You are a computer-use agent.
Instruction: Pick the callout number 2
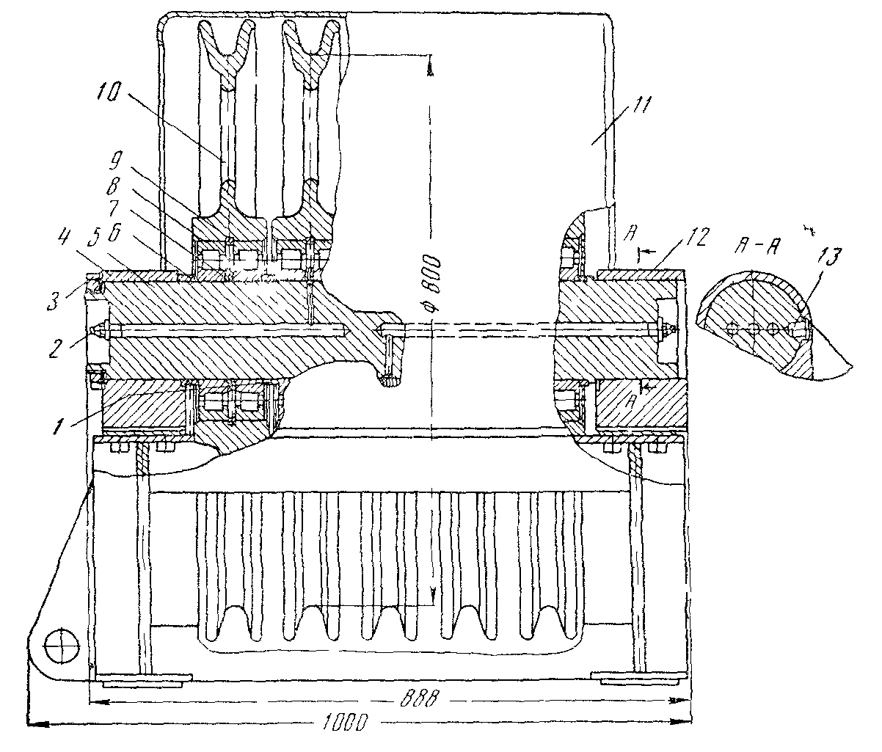click(x=57, y=347)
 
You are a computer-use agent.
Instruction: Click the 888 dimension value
click(x=420, y=698)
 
